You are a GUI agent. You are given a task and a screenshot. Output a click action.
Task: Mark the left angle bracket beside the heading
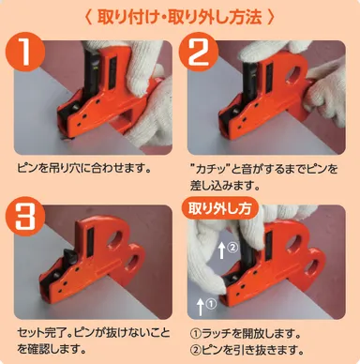click(87, 16)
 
